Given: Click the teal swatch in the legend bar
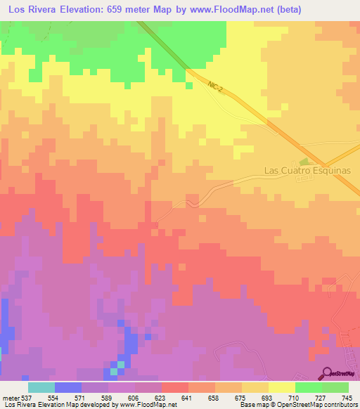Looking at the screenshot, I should (x=41, y=388).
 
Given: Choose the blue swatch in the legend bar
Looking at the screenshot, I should (x=67, y=388).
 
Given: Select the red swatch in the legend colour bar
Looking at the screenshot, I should (x=174, y=388).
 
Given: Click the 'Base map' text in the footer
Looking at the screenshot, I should (x=251, y=405).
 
